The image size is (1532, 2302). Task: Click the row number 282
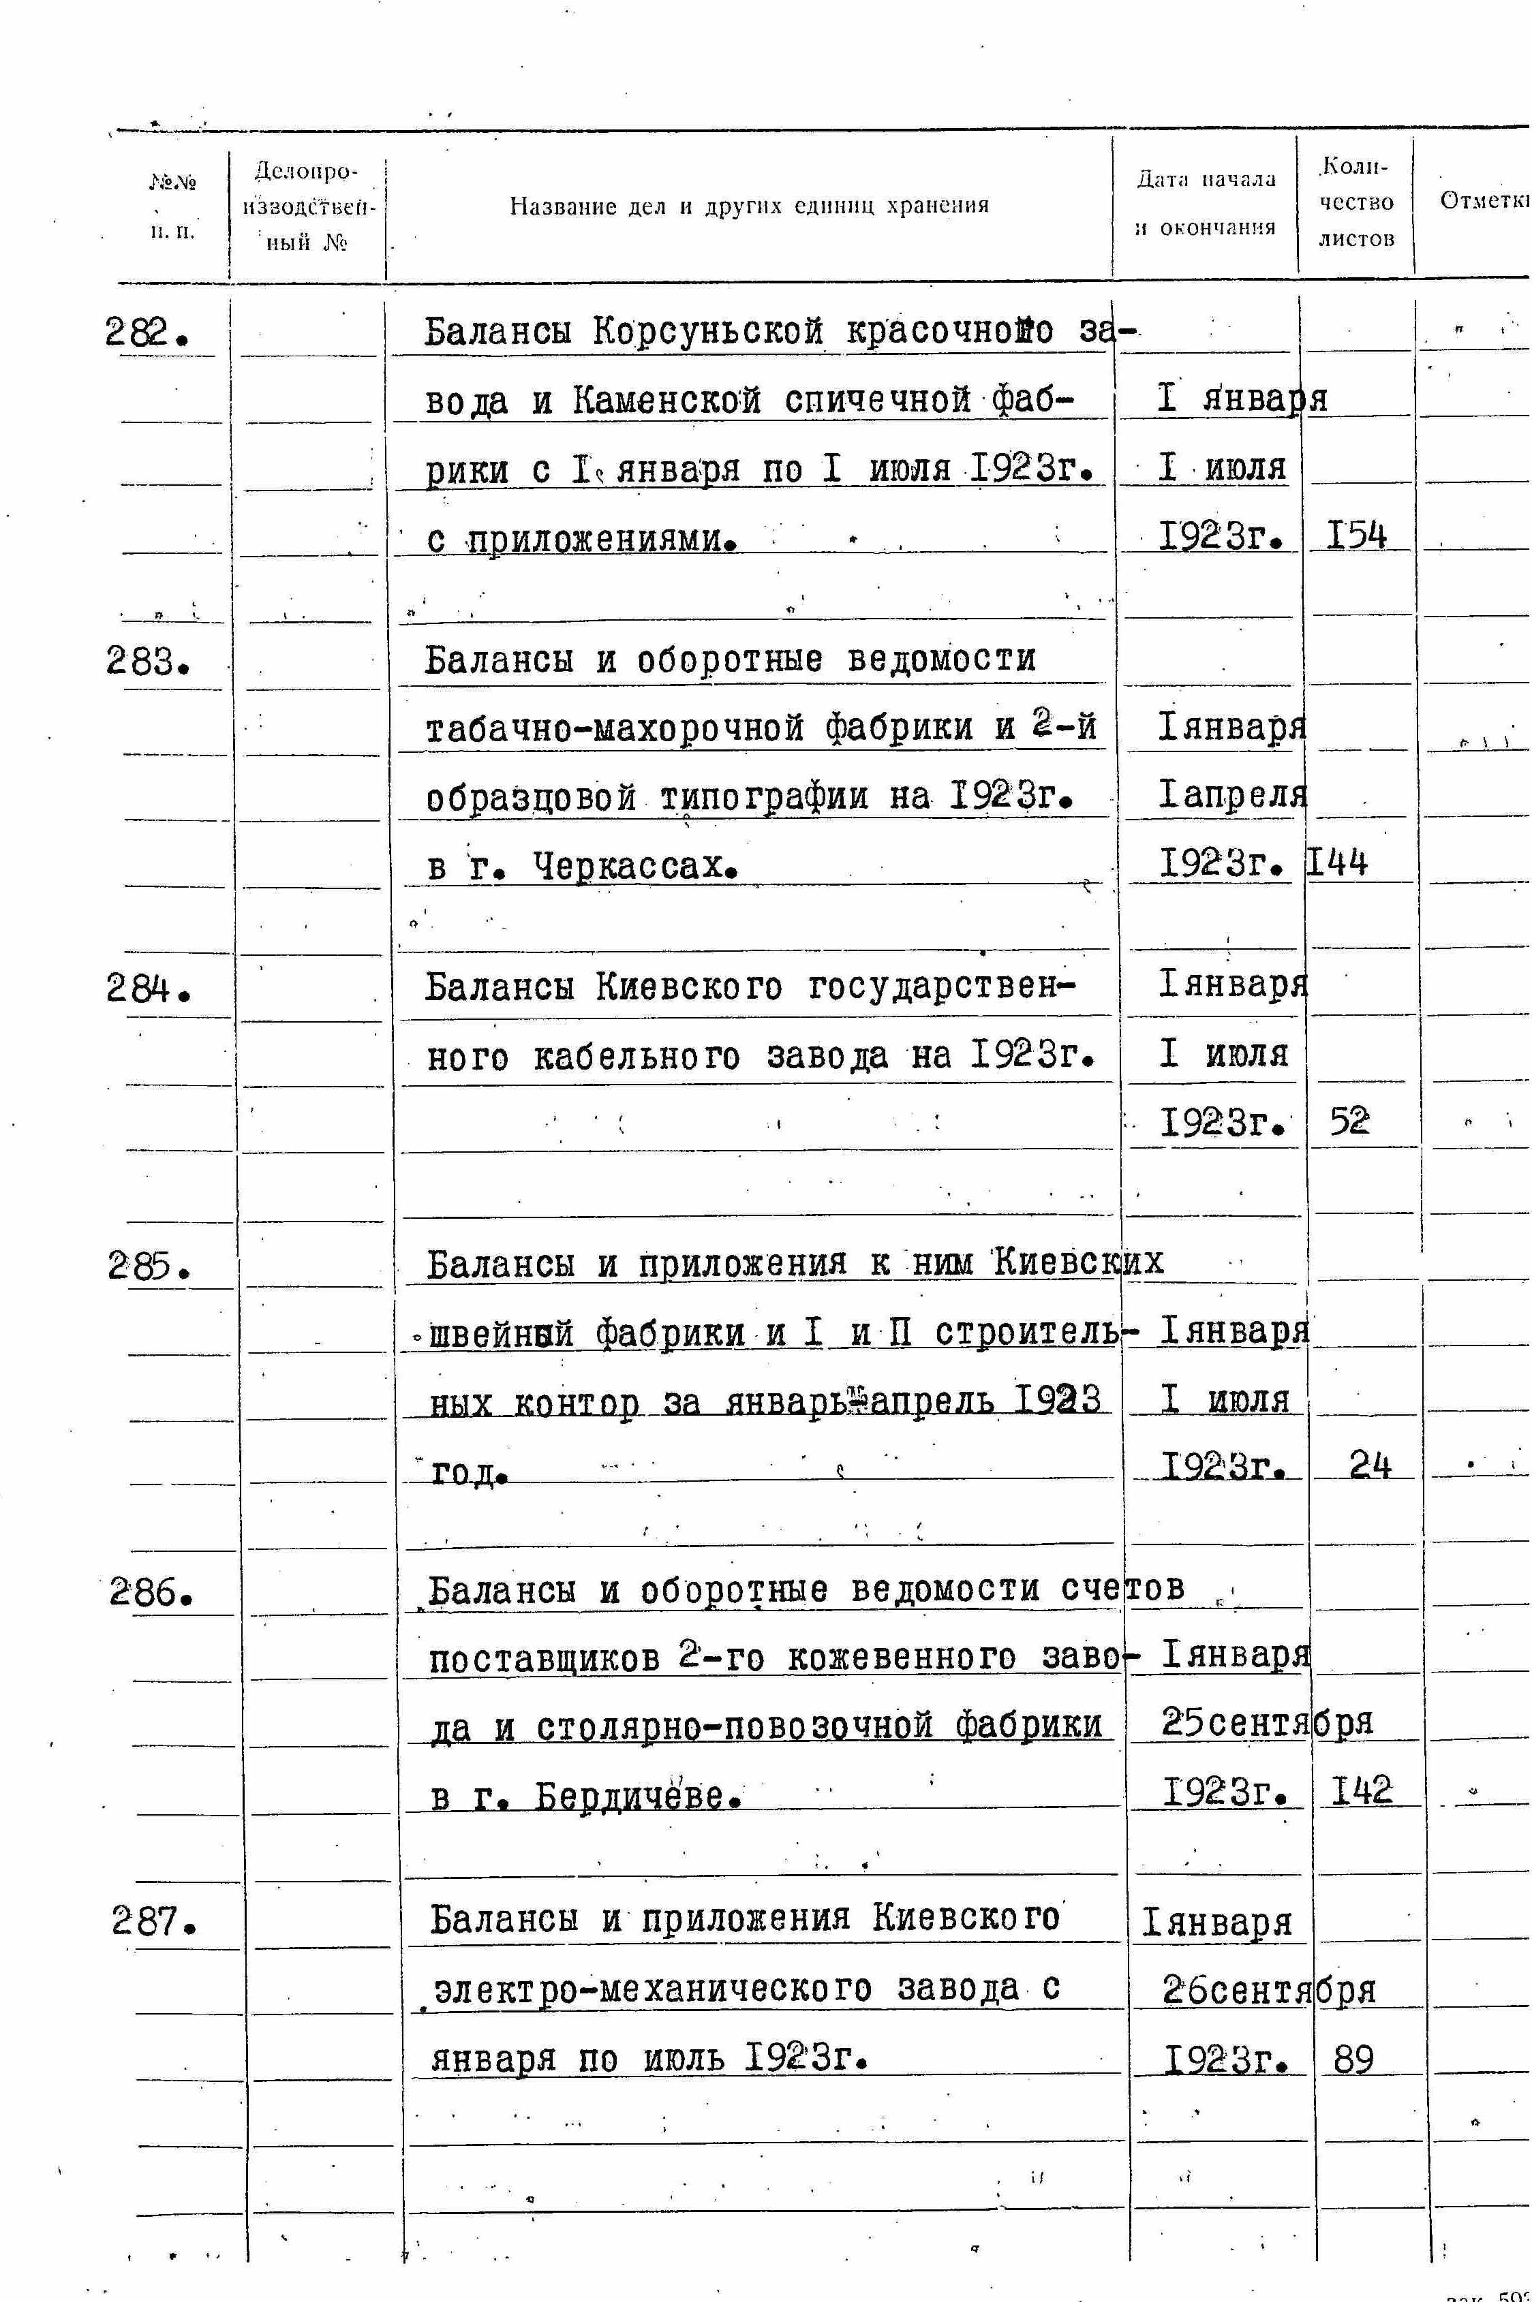pyautogui.click(x=146, y=335)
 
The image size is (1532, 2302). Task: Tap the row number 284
pyautogui.click(x=147, y=991)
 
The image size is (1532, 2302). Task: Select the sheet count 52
pyautogui.click(x=1349, y=1122)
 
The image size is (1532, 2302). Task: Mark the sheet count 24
pyautogui.click(x=1369, y=1465)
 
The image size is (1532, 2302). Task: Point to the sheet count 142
pyautogui.click(x=1361, y=1791)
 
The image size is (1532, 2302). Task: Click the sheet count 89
pyautogui.click(x=1353, y=2059)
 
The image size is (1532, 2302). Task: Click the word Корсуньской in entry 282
pyautogui.click(x=708, y=333)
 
